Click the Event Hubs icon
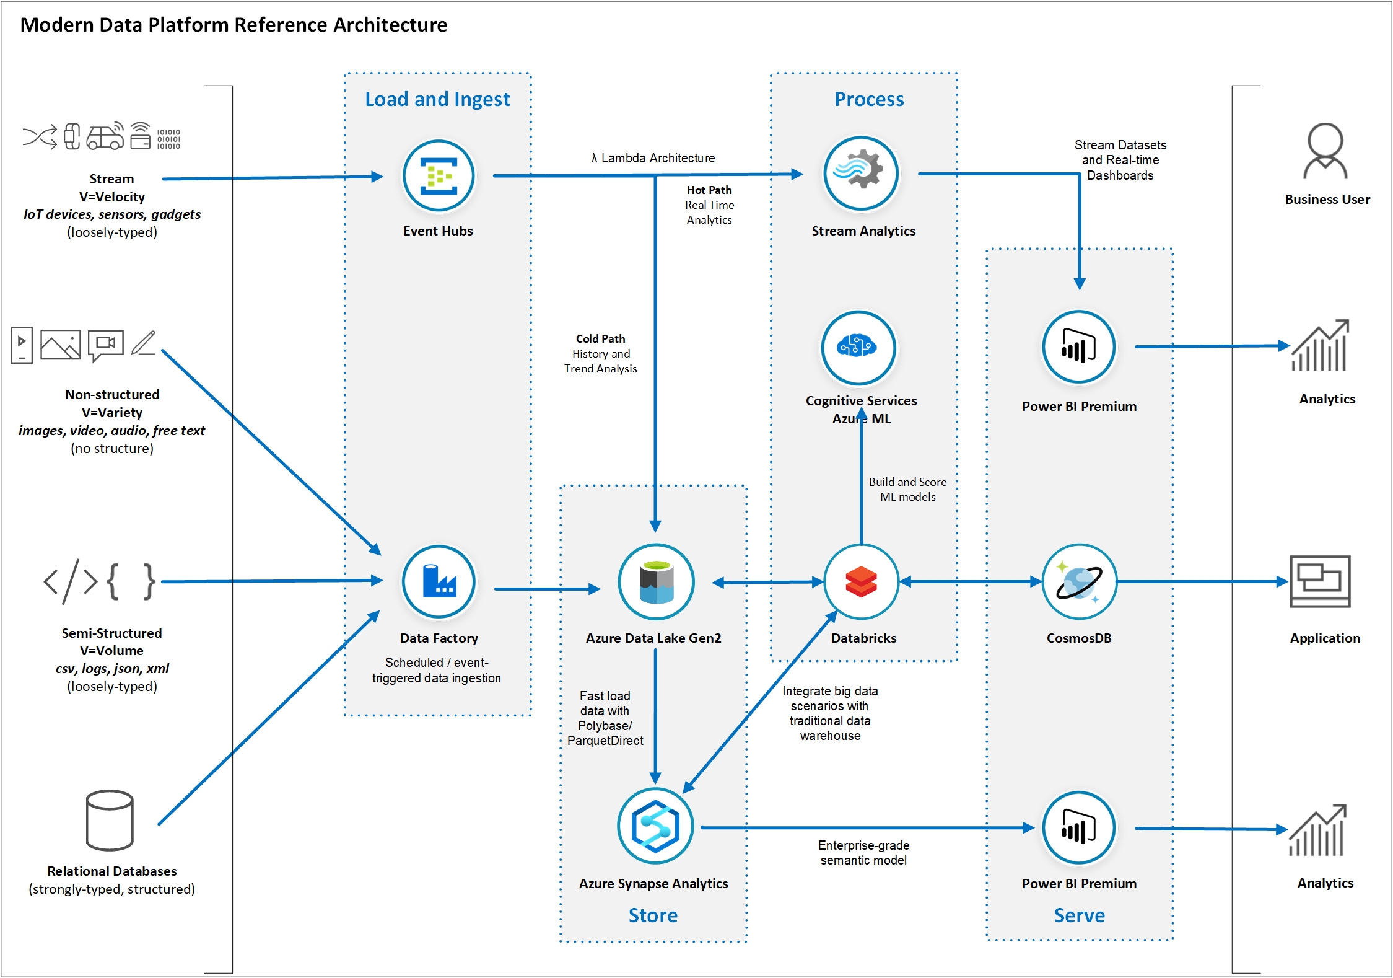(439, 176)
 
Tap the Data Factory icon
(439, 582)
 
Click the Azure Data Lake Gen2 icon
(656, 582)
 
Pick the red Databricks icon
(861, 582)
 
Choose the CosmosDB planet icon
(1079, 582)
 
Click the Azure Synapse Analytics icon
(655, 826)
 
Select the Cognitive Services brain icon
(858, 348)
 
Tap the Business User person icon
(1325, 151)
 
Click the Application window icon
(1320, 581)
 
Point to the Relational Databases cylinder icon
(110, 820)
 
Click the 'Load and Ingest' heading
(437, 99)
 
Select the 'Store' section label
(653, 915)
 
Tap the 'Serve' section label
(1079, 915)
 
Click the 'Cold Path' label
(600, 339)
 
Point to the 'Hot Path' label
(709, 190)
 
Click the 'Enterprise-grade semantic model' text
(863, 853)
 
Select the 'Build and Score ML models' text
(907, 489)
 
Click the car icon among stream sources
(105, 136)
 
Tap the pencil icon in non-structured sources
(143, 343)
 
